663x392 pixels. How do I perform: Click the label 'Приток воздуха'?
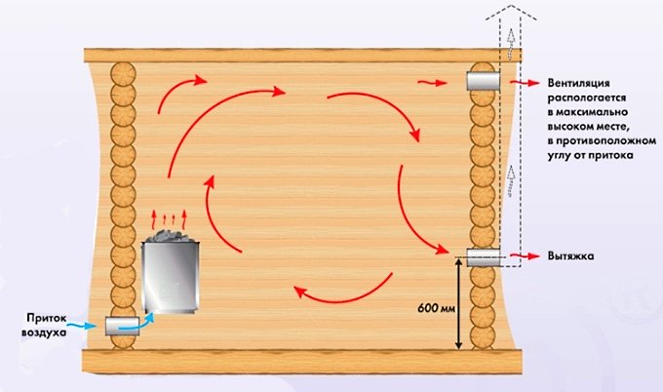click(44, 325)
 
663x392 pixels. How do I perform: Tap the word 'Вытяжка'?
click(570, 255)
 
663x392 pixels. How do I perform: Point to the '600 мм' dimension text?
click(437, 308)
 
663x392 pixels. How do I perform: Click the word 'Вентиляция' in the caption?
click(578, 83)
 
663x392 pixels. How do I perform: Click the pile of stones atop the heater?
click(171, 236)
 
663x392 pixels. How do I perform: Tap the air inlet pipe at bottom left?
click(122, 326)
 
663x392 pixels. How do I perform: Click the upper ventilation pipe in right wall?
click(484, 81)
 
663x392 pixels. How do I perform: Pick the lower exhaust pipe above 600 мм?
click(484, 257)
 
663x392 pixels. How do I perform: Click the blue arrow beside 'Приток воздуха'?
click(83, 325)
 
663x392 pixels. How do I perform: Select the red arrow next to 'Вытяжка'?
click(525, 255)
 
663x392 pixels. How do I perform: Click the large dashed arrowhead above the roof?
click(511, 13)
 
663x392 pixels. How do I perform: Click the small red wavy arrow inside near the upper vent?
click(432, 83)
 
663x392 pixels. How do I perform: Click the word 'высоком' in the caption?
click(570, 127)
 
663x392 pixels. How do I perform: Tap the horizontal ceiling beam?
click(303, 56)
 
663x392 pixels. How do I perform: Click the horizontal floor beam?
click(302, 362)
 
